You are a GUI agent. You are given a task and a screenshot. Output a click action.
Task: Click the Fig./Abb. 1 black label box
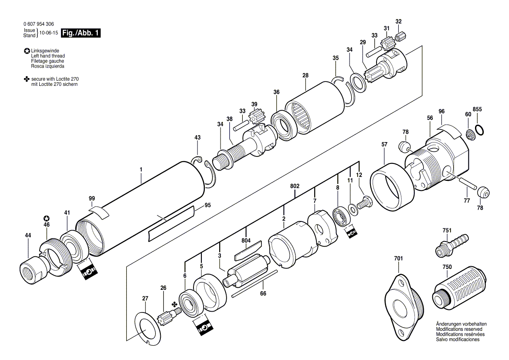click(81, 33)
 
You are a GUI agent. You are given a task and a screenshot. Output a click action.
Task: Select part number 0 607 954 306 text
click(39, 24)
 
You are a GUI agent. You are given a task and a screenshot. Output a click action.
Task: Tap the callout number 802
click(295, 186)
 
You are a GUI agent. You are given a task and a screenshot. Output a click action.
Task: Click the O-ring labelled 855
click(479, 130)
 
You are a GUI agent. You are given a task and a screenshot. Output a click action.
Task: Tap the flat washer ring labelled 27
click(148, 328)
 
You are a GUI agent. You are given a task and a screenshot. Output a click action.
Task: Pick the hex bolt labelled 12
click(364, 202)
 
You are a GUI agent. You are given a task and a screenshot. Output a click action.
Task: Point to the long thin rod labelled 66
click(255, 283)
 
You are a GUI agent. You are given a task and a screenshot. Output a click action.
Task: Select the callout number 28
click(305, 75)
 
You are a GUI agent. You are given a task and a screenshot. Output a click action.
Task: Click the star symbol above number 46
click(47, 218)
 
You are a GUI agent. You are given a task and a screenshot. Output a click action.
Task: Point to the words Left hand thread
click(48, 56)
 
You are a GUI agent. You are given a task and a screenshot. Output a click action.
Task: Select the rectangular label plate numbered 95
click(171, 223)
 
